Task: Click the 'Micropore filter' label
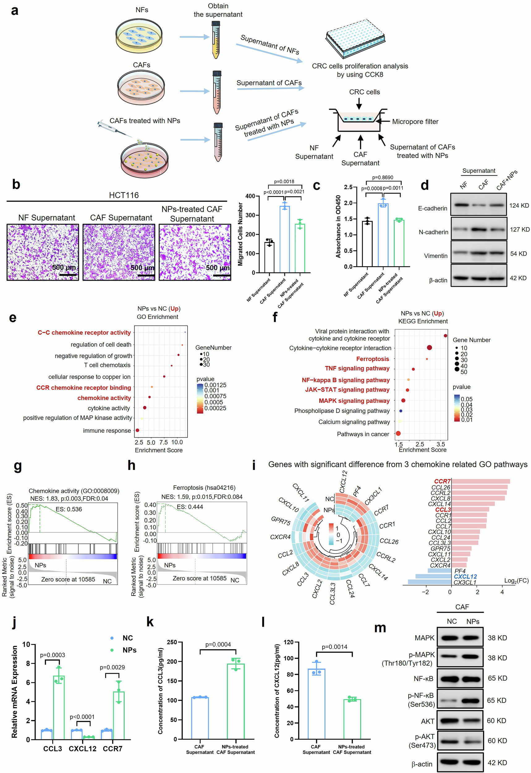415,122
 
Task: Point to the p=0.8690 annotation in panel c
382,178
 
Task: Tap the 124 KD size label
519,206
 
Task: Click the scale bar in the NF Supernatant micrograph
68,275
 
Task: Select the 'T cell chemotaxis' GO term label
107,365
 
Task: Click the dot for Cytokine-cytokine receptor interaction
429,348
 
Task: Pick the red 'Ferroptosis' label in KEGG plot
372,359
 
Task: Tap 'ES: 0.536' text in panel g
69,509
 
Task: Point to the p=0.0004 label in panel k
218,645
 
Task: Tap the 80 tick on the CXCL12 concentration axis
289,674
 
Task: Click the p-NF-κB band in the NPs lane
472,700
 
